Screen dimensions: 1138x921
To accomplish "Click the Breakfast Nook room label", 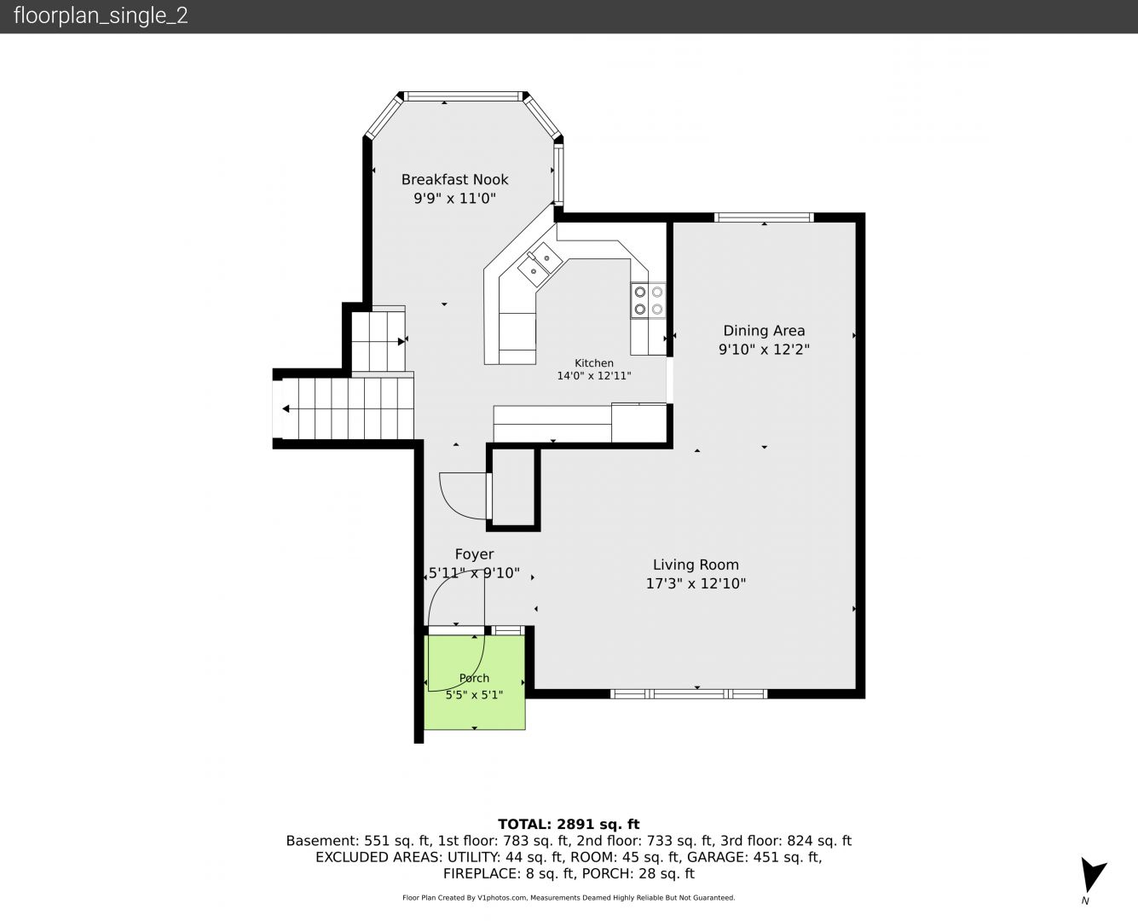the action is (454, 180).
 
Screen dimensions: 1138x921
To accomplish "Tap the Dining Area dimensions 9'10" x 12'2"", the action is (764, 350).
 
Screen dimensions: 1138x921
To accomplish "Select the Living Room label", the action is (696, 565).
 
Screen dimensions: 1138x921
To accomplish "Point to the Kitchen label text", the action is (594, 363).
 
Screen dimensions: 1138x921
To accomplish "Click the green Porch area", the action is (475, 682).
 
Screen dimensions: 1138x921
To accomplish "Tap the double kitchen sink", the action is (540, 264).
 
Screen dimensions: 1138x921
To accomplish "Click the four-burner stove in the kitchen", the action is (648, 300).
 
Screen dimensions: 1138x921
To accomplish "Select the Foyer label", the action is (475, 554).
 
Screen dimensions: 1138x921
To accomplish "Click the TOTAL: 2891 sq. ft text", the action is (569, 824).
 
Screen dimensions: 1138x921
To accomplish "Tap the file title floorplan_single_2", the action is (101, 15).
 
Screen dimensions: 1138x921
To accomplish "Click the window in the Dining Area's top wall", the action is (764, 217).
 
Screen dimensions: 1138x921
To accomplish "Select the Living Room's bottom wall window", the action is (690, 694).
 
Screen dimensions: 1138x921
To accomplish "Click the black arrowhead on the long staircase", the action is (286, 409).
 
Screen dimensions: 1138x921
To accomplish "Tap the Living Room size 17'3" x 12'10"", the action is (696, 583).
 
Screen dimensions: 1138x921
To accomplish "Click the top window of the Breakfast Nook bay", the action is (463, 96).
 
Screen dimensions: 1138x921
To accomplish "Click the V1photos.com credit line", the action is (569, 897).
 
